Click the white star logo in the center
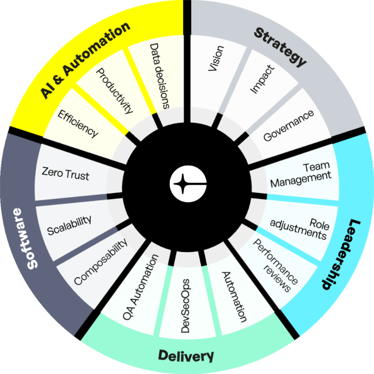[188, 184]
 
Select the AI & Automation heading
[85, 60]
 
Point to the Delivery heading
[186, 356]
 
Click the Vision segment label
[216, 58]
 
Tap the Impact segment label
[262, 79]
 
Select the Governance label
[288, 125]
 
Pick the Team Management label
[301, 175]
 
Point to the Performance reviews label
[275, 266]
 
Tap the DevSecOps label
[185, 306]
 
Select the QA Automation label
[141, 287]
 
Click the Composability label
[101, 262]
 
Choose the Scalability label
[69, 225]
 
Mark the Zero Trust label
[65, 173]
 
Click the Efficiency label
[78, 123]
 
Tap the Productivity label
[115, 91]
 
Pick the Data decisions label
[159, 76]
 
